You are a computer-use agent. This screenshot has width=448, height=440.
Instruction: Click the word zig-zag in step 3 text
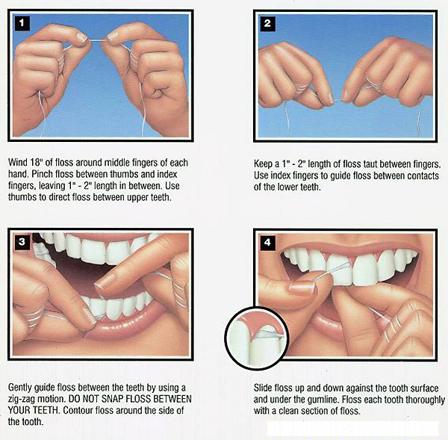pyautogui.click(x=23, y=400)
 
